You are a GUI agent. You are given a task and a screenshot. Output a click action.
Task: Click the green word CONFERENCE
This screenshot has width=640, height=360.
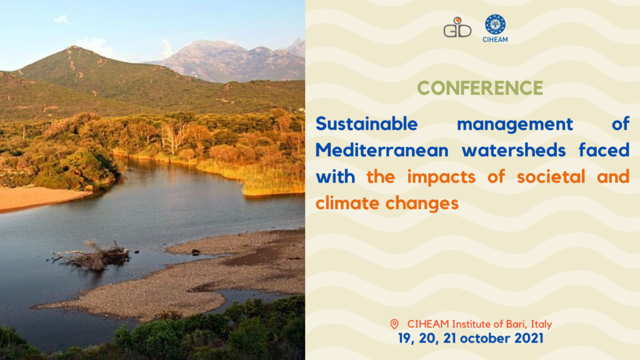(480, 87)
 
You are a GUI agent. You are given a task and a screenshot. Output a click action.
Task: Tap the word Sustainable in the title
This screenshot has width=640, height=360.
(366, 124)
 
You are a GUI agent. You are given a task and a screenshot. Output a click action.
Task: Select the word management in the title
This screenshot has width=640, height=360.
(515, 124)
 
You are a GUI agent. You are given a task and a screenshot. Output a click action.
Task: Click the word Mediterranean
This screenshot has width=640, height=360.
(382, 150)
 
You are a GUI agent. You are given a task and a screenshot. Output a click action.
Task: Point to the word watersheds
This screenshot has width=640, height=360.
(514, 150)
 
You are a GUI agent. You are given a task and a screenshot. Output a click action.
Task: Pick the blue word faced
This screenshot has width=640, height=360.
(604, 150)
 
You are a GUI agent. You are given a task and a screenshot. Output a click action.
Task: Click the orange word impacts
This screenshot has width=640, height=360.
(441, 177)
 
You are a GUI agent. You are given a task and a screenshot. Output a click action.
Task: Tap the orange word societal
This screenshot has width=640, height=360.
(551, 177)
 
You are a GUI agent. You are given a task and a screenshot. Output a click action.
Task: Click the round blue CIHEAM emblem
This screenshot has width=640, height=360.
(495, 24)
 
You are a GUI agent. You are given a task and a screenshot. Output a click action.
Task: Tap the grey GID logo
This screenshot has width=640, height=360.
(457, 27)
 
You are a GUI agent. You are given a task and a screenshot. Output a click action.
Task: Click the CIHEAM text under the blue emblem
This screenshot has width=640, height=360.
(495, 39)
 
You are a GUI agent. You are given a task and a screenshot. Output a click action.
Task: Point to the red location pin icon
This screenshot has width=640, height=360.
(394, 324)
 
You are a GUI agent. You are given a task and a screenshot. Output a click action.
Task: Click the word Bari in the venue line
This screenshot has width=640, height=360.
(516, 324)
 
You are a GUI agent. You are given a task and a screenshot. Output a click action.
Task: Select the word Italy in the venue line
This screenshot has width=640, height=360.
(542, 324)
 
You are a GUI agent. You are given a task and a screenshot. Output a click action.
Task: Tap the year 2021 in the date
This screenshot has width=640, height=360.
(529, 338)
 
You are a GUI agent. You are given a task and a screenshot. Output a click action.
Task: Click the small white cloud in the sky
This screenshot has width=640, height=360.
(61, 19)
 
